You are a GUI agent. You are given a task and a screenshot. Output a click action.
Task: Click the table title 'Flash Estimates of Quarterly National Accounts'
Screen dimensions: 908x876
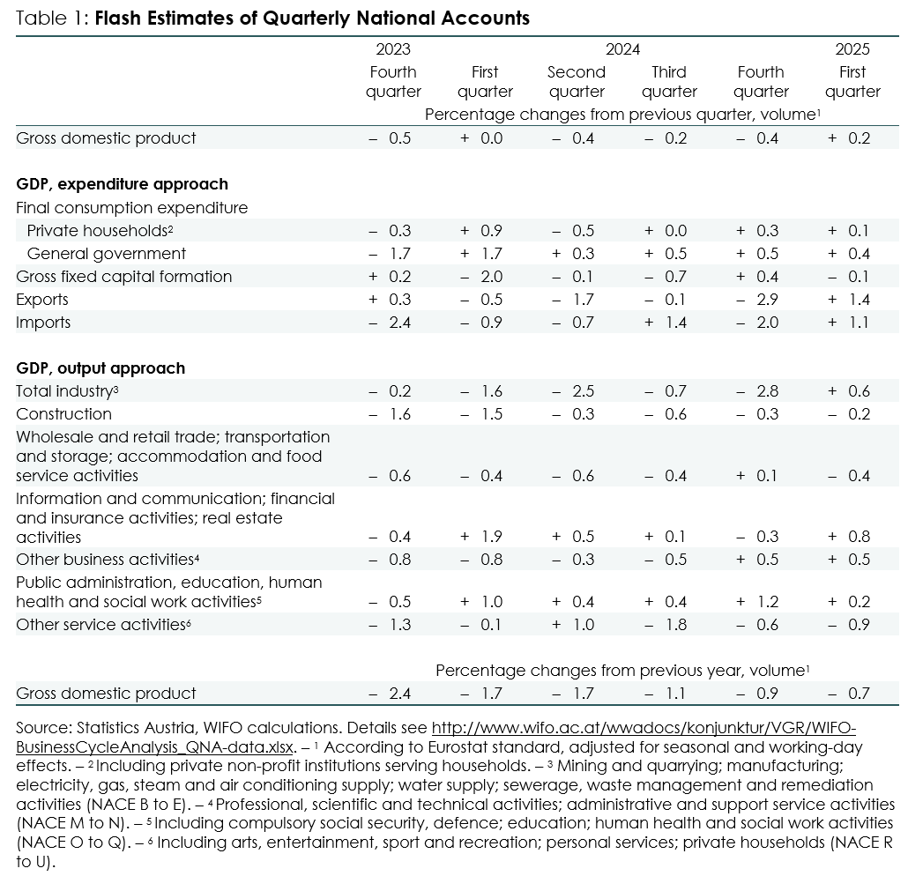click(x=312, y=18)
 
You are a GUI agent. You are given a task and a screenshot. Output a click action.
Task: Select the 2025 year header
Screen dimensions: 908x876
click(x=852, y=49)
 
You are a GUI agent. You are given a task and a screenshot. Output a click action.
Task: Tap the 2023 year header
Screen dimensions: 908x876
click(x=393, y=49)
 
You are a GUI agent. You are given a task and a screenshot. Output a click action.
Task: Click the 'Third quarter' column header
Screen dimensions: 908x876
click(x=669, y=82)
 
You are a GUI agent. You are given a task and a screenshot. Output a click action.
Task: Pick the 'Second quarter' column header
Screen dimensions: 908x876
click(x=577, y=82)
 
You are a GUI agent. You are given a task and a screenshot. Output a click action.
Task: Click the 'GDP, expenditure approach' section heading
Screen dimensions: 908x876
click(x=123, y=184)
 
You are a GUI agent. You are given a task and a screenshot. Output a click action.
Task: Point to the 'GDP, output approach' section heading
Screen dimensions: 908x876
click(x=100, y=368)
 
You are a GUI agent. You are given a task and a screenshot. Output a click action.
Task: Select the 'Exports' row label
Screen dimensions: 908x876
click(x=42, y=300)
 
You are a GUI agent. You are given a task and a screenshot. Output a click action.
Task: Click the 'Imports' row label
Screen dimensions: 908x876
click(x=43, y=323)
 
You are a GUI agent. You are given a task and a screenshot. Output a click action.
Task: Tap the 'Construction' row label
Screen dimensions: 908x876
click(x=63, y=414)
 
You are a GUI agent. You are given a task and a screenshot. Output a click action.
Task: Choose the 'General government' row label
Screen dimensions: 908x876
click(x=107, y=254)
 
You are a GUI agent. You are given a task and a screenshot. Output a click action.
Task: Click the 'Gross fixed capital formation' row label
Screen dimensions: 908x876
click(x=124, y=277)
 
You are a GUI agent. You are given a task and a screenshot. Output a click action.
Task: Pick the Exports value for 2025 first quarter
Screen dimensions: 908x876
click(x=849, y=300)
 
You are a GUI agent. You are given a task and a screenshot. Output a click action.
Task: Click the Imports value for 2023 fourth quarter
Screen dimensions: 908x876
click(x=390, y=323)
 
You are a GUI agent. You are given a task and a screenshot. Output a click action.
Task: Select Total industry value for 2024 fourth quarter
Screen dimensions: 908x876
click(x=757, y=391)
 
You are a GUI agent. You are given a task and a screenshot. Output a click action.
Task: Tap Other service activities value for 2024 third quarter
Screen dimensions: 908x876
click(x=666, y=625)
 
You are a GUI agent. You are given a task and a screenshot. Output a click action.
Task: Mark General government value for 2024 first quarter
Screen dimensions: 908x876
click(x=481, y=254)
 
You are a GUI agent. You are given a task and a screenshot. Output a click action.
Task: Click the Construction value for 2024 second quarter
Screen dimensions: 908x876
click(x=573, y=414)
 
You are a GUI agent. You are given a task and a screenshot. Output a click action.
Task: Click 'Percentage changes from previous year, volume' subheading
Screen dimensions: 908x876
click(x=622, y=671)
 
